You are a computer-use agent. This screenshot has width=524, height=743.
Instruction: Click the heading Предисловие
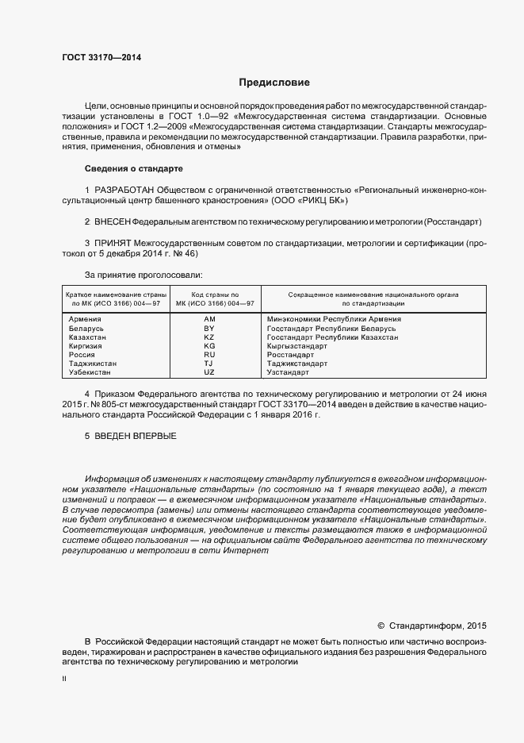[275, 83]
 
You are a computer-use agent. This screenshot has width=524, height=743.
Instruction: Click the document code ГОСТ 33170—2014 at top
[96, 56]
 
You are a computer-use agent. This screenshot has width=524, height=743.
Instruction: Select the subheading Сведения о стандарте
[133, 169]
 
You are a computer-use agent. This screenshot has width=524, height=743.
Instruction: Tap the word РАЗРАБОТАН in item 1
[125, 191]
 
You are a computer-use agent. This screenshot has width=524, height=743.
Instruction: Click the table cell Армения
[86, 319]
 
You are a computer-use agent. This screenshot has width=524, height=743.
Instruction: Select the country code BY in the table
[209, 328]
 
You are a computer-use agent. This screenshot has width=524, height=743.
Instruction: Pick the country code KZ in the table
[209, 337]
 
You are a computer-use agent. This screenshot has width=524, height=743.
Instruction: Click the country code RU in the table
[209, 355]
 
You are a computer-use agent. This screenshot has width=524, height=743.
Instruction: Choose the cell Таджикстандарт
[296, 364]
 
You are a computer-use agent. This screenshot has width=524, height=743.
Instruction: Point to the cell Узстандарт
[287, 372]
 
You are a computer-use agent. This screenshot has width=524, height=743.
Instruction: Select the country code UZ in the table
[209, 372]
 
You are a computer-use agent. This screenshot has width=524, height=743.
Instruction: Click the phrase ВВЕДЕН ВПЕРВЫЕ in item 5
[135, 437]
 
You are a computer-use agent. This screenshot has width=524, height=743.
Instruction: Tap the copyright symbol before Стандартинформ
[381, 626]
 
